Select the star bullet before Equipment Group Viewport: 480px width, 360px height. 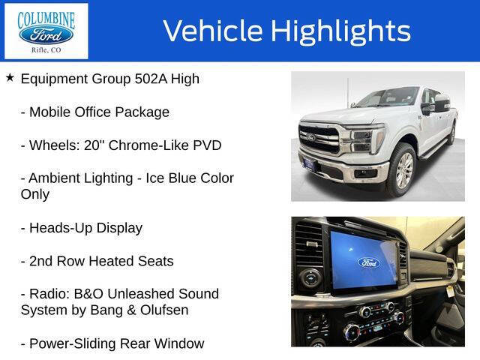point(10,78)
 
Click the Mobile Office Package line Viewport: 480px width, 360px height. point(94,112)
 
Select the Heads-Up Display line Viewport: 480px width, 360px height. point(81,228)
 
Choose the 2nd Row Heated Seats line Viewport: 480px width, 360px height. point(97,261)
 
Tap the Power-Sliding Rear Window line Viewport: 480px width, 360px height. point(112,343)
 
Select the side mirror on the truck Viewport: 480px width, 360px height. point(442,104)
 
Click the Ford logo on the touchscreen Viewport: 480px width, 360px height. point(368,262)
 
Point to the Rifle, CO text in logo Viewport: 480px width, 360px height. point(46,50)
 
